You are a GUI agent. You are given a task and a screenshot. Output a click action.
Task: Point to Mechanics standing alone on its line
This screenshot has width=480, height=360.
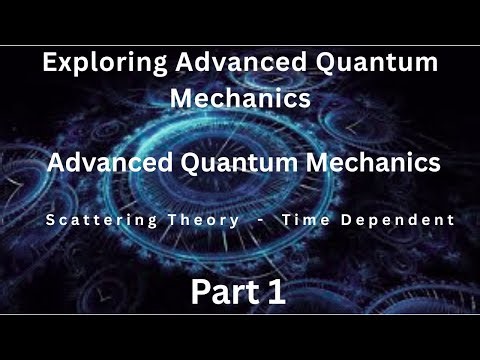click(241, 99)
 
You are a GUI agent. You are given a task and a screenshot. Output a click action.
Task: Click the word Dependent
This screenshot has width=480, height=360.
click(402, 220)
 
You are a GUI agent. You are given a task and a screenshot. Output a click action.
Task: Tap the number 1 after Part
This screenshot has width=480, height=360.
click(277, 292)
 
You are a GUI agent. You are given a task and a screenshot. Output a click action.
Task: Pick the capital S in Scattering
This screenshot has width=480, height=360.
click(50, 220)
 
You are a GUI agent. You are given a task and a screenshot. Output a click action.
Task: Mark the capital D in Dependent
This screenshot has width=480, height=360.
click(354, 220)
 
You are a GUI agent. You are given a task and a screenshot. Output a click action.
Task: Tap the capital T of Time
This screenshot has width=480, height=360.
click(291, 220)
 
